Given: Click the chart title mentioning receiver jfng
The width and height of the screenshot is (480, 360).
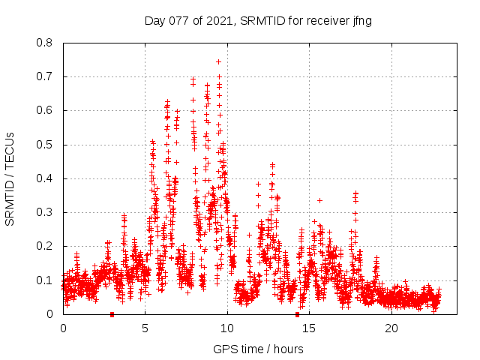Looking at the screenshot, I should point(258,20).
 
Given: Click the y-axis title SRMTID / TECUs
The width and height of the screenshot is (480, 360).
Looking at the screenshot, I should point(10,178).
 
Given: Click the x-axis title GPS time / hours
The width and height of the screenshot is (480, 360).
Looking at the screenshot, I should point(258,349).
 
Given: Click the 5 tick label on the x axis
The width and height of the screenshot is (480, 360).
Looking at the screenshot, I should point(145,328).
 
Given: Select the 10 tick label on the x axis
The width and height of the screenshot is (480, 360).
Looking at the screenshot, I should point(227,328).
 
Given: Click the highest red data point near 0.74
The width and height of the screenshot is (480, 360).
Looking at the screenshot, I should point(218,61).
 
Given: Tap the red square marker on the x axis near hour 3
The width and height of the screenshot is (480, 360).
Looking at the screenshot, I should point(112,314).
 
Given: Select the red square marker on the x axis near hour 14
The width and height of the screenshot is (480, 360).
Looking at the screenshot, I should point(297,314).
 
